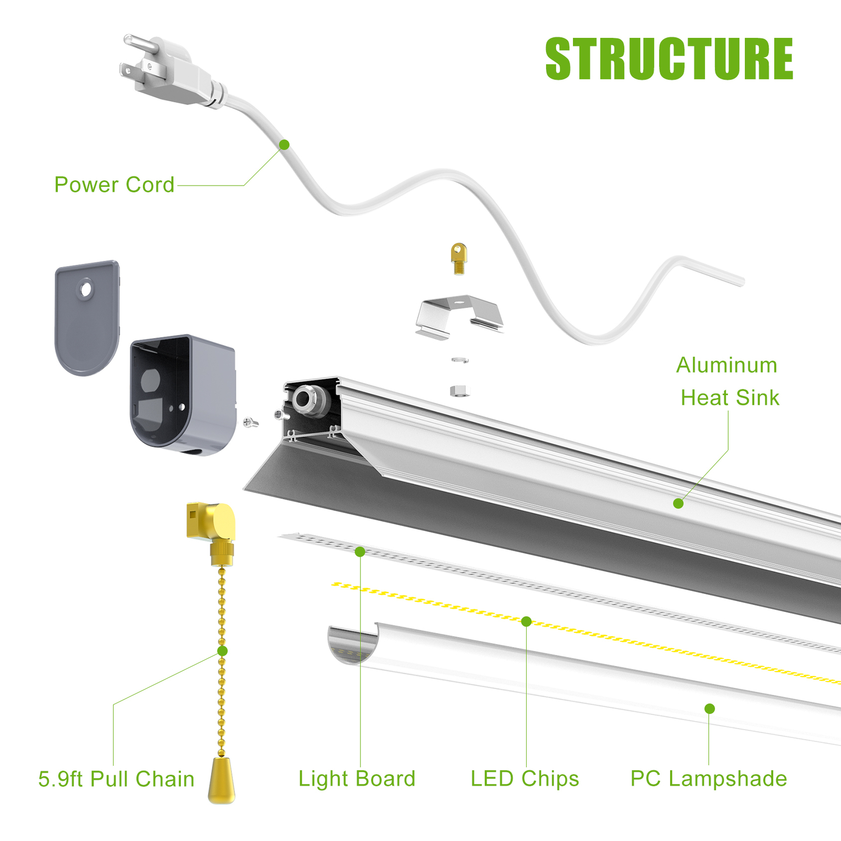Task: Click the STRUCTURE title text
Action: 669,59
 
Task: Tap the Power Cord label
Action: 114,185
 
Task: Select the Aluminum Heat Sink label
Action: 728,382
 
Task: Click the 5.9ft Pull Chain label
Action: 116,779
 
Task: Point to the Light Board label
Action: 357,779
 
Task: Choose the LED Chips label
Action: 525,779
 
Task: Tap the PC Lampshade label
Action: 709,779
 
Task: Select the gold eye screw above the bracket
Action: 459,259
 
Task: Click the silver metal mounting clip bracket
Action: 458,315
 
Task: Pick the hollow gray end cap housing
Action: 181,394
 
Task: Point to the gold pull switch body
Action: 212,523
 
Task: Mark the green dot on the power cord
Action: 284,145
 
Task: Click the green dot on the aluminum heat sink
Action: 678,504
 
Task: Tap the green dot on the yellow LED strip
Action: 526,622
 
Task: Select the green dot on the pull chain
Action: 222,651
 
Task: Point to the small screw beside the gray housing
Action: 251,422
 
